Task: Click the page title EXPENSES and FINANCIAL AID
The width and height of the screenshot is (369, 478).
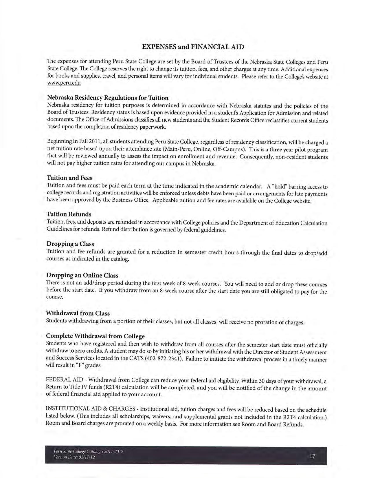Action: tap(193, 47)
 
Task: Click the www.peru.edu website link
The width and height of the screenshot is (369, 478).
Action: tap(64, 83)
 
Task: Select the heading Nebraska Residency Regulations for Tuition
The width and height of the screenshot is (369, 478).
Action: tap(108, 98)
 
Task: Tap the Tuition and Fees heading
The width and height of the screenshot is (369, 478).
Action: tap(69, 178)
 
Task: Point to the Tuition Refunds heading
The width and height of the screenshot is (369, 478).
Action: tap(69, 214)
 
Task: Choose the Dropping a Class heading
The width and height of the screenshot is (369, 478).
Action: tap(70, 244)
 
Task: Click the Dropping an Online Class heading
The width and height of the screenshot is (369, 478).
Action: tap(82, 275)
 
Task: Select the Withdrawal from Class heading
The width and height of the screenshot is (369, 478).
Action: tap(78, 313)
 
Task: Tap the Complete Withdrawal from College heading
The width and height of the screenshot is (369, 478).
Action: tap(95, 336)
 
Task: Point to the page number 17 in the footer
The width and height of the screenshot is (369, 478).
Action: tap(312, 457)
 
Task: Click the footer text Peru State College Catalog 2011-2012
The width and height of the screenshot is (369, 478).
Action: tap(88, 452)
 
